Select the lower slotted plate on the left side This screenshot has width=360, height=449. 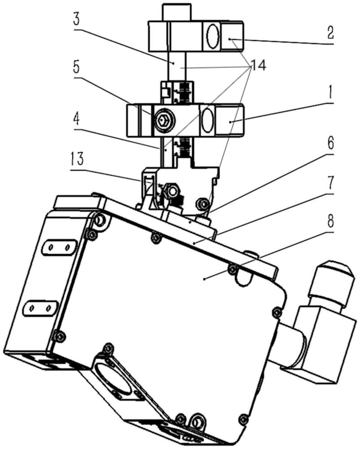(x=39, y=308)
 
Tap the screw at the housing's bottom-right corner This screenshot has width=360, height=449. (x=243, y=419)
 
